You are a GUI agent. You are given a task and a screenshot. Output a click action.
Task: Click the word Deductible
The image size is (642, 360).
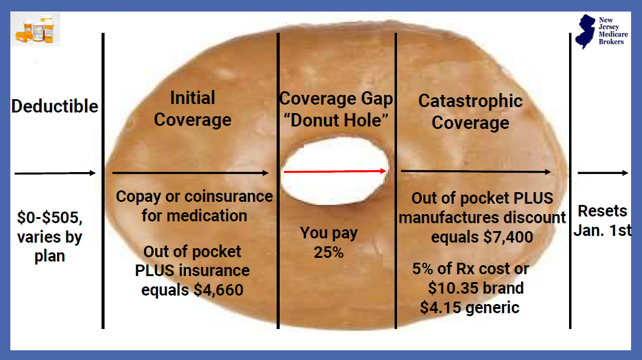point(55,106)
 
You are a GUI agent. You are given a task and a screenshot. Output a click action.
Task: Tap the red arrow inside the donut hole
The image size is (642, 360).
point(336,171)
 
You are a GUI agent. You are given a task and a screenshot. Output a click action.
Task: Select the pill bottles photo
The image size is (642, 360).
point(36,29)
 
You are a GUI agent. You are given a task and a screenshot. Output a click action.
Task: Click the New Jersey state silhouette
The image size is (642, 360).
point(585,32)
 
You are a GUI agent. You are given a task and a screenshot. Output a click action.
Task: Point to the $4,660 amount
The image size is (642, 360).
point(219,290)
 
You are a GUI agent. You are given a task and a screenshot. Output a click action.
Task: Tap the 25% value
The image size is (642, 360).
point(328,252)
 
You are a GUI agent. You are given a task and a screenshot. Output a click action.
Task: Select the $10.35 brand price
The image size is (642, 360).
point(476,288)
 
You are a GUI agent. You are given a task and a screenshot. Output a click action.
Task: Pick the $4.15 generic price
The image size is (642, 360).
point(469,308)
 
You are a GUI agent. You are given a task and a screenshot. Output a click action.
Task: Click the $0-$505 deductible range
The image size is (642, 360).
point(49,218)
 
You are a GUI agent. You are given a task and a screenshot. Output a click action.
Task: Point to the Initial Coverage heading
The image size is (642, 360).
point(193,109)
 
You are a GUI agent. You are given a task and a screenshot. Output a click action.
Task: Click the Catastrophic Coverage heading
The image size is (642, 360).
point(471,112)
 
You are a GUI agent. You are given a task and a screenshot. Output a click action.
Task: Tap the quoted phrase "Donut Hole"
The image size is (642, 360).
point(336,120)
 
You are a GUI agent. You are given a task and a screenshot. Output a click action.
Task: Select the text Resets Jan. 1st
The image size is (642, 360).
point(602,221)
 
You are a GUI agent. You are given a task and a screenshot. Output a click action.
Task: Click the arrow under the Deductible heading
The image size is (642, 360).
point(55,173)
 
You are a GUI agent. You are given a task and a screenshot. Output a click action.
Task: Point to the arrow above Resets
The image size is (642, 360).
point(602,173)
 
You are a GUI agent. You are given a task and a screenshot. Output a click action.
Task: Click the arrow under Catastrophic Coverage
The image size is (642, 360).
point(476,171)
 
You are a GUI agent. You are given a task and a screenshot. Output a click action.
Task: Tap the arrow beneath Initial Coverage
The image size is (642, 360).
point(190,173)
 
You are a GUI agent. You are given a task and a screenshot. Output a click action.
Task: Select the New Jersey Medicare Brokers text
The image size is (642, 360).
point(613,31)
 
